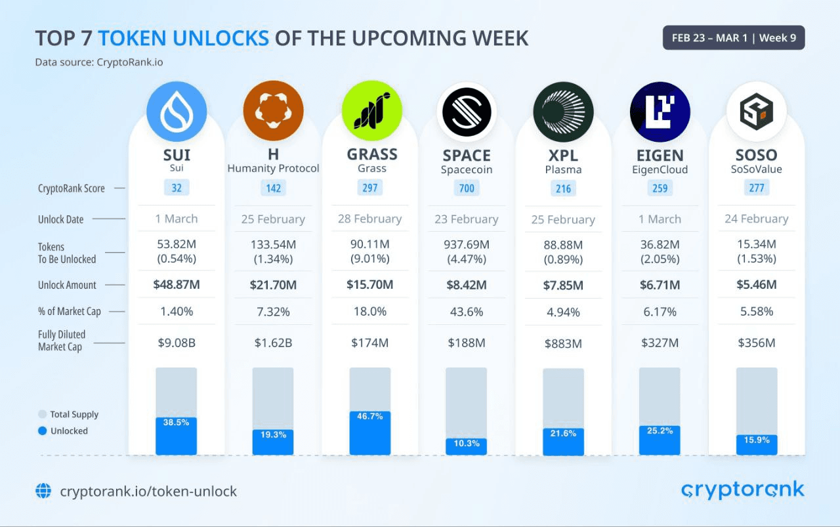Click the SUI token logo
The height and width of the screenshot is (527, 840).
click(177, 112)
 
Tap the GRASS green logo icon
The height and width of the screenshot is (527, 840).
click(371, 112)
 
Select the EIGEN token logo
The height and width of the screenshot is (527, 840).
click(660, 112)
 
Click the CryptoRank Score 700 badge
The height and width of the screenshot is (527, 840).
click(467, 188)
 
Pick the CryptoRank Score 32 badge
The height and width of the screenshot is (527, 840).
click(177, 188)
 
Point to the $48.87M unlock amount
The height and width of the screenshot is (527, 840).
click(177, 285)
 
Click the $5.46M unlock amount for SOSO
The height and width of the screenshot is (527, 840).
click(757, 285)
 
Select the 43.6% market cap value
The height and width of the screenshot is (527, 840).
click(467, 312)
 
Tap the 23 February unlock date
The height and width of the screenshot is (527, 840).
click(467, 219)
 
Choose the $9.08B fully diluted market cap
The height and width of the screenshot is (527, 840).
click(177, 343)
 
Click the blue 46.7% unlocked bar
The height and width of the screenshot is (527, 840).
click(370, 434)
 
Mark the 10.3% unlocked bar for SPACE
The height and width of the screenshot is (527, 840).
click(467, 446)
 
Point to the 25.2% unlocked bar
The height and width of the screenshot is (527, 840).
click(660, 440)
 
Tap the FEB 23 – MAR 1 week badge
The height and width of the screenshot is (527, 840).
click(734, 37)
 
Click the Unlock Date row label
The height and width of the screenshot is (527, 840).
click(60, 219)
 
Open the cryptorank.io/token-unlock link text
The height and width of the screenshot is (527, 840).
click(148, 491)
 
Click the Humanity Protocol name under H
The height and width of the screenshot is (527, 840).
click(273, 169)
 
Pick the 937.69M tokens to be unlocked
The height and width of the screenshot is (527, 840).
click(467, 245)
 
